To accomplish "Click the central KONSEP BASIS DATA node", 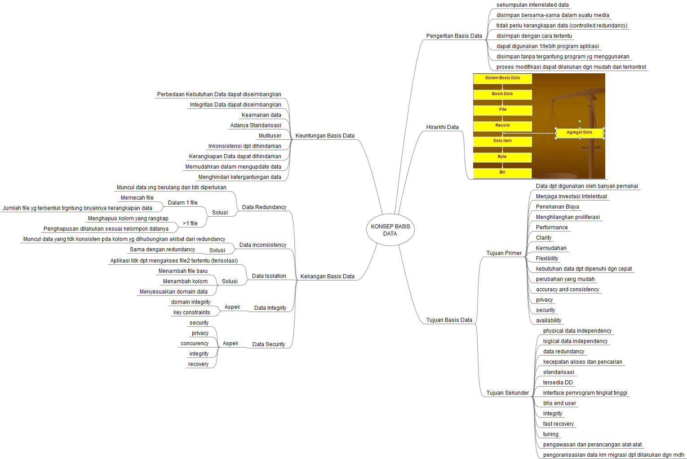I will coord(390,230).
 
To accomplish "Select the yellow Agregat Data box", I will coord(579,133).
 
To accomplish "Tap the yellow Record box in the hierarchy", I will coord(502,125).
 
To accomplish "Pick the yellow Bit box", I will coord(502,172).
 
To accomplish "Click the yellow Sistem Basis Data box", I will coord(502,78).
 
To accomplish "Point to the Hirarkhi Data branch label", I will coord(442,127).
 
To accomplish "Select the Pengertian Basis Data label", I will coord(454,36).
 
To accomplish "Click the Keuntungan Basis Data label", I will coord(325,136).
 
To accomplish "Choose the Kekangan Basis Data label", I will coord(327,276).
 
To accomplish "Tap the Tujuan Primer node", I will coord(504,253).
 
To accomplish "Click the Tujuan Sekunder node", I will coord(507,393).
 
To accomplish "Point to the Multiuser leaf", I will coord(270,136).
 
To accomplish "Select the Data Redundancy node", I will coord(264,207).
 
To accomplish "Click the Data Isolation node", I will coord(269,276).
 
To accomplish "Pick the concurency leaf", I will coord(195,343).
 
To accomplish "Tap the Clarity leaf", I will coord(543,238).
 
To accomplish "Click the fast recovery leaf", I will coord(558,424).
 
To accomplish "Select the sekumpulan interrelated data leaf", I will coord(532,5).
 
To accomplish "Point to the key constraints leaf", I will coord(191,312).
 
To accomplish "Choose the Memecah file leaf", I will coord(137,198).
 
